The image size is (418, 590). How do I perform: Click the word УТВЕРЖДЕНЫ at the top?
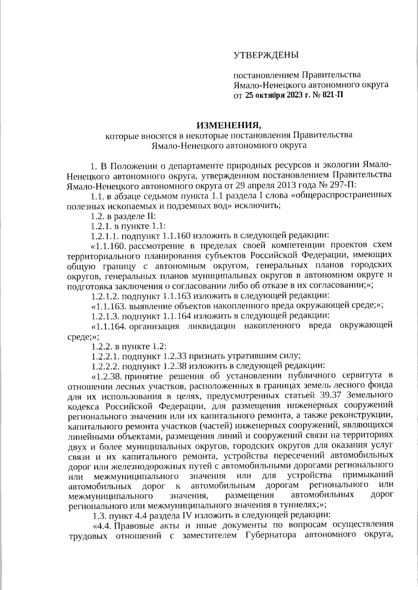point(266,55)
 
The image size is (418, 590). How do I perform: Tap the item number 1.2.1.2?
point(105,296)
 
